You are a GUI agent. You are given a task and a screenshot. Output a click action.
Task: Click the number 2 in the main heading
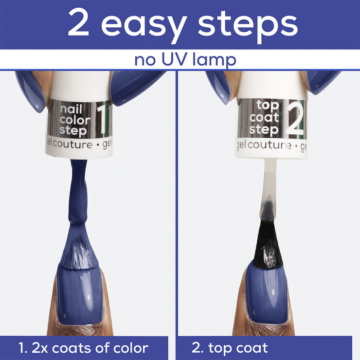(x=78, y=23)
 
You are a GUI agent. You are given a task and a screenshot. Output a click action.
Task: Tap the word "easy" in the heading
(x=144, y=27)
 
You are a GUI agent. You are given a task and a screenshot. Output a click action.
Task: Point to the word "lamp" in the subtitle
(x=214, y=61)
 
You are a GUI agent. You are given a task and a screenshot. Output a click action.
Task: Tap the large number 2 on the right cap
(x=295, y=120)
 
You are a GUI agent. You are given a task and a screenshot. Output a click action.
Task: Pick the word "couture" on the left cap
(x=73, y=144)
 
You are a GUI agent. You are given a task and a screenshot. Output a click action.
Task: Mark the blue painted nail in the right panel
(x=267, y=294)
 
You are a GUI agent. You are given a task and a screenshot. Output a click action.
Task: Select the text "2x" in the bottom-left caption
(x=39, y=348)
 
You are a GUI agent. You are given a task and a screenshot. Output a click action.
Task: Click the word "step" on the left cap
(x=73, y=131)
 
